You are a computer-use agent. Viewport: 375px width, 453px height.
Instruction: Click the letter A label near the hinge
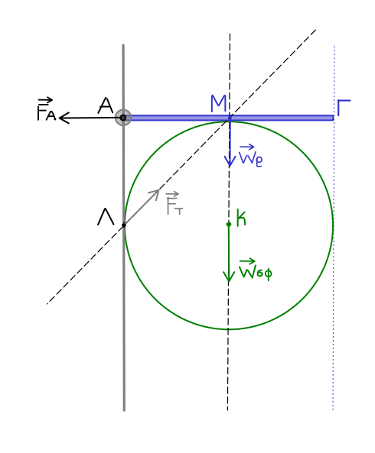point(106,105)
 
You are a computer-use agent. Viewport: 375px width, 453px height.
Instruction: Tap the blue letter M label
point(218,103)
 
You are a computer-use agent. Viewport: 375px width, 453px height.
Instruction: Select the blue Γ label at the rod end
point(344,108)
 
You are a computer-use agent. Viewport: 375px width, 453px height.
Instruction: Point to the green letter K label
point(241,218)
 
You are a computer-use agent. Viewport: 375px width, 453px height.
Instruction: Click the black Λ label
point(106,217)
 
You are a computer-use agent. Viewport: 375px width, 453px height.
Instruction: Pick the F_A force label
point(46,109)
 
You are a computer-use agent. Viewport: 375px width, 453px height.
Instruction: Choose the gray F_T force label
point(174,202)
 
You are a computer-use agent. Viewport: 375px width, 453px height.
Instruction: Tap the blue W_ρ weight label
point(250,155)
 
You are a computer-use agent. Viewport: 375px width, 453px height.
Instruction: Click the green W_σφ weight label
point(256,270)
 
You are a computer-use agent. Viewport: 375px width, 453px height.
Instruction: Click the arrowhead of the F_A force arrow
point(60,118)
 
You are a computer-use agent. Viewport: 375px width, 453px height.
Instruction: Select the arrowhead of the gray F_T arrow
point(158,190)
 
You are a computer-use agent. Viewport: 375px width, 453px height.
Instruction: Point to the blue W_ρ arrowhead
point(230,165)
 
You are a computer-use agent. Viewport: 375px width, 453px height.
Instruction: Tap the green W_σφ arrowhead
point(229,281)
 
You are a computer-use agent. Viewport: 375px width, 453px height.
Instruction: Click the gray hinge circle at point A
point(123,118)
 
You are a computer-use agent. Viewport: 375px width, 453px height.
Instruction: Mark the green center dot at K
point(229,224)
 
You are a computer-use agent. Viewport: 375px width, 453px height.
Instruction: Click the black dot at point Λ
point(124,225)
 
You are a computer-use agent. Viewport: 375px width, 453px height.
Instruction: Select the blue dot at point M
point(230,118)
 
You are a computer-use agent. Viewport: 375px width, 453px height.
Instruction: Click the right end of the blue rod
point(334,118)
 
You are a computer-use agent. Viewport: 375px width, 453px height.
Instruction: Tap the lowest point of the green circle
point(229,329)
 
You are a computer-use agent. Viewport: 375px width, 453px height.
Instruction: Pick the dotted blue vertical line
point(334,228)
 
